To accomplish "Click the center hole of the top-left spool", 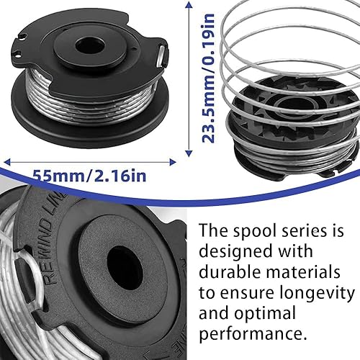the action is click(x=90, y=46).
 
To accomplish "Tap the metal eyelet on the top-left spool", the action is click(x=161, y=56).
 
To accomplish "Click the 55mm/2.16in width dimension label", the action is click(x=89, y=176).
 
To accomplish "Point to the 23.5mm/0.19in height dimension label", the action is click(x=208, y=78).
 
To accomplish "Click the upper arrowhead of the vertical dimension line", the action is click(x=189, y=5).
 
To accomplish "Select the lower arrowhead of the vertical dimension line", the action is click(x=189, y=153).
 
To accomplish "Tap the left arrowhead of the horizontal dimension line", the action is click(x=7, y=162).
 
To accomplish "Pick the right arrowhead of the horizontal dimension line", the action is click(x=173, y=162).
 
